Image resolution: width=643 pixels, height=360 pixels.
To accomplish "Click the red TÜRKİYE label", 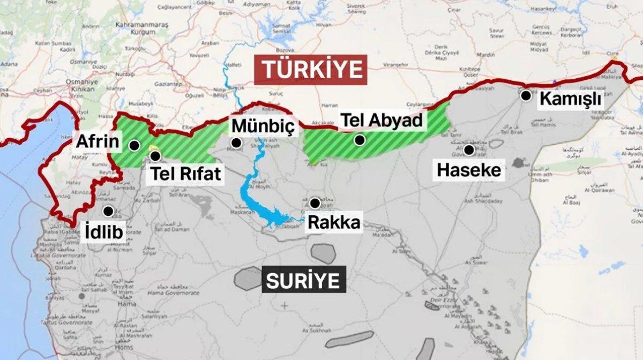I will (x=310, y=70).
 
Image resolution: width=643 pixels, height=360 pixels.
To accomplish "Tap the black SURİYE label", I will (x=303, y=281).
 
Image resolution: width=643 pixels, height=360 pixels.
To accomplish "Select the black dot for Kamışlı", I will (x=526, y=95).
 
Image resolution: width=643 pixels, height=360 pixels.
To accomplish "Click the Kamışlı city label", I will (x=570, y=99).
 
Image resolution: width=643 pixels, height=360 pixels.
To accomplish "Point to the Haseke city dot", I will (x=469, y=150).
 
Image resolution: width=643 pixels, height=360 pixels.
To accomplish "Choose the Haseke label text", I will (x=469, y=170).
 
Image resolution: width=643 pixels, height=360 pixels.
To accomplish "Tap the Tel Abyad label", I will (x=382, y=121).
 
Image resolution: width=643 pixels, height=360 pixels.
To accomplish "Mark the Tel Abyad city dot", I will (x=360, y=140).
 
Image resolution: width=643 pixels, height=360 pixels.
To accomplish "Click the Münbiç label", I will (x=263, y=126).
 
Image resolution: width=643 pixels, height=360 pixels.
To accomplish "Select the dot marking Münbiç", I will (x=236, y=142).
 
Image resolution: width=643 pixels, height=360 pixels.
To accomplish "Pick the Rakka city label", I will (x=333, y=222).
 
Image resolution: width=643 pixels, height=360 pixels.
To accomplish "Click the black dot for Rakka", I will (x=315, y=203).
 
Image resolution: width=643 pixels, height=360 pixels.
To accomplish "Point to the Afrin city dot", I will (x=134, y=145).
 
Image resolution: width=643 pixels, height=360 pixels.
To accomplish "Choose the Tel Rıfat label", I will (x=185, y=174).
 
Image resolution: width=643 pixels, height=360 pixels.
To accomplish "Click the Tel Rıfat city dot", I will (x=155, y=156).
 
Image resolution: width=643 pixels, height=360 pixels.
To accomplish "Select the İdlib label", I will (x=104, y=231).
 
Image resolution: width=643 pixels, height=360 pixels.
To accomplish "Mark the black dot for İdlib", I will (x=109, y=211).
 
